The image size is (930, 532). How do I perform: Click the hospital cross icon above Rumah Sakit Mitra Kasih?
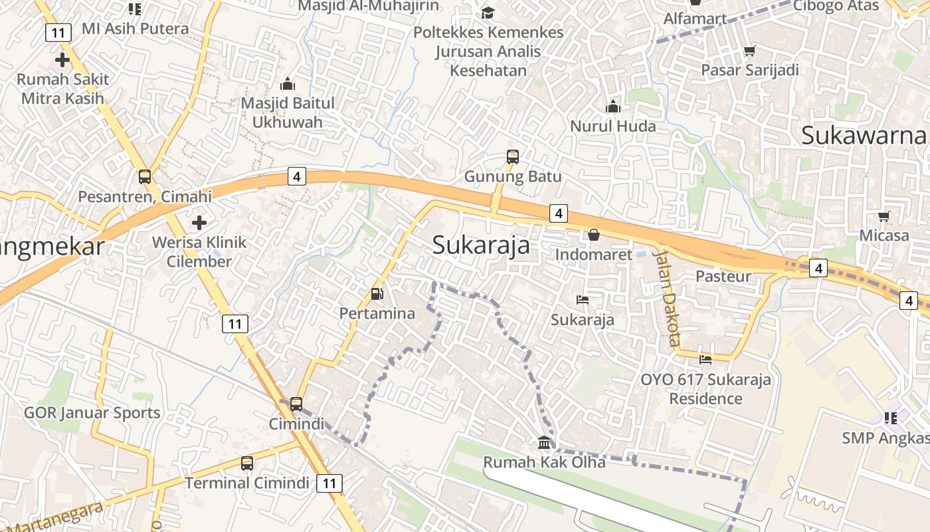tap(62, 60)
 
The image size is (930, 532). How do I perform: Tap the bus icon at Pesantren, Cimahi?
tap(144, 177)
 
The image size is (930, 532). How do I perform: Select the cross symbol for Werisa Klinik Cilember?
tap(199, 222)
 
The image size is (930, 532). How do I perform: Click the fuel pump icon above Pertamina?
tap(377, 293)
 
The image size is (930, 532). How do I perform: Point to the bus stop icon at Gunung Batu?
tap(512, 157)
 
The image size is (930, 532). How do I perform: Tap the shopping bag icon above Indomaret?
tap(593, 235)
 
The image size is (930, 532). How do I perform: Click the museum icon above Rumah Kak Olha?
tap(544, 442)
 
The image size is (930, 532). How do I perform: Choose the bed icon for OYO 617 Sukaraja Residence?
tap(705, 360)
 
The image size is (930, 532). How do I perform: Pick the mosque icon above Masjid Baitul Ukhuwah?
tap(287, 84)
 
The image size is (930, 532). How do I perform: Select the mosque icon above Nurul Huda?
tap(612, 106)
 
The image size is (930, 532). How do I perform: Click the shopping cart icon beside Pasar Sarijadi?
tap(750, 51)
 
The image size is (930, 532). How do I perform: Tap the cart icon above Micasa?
tap(883, 216)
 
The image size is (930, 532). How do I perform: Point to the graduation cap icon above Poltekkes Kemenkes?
tap(488, 13)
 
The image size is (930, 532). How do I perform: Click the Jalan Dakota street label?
tap(667, 298)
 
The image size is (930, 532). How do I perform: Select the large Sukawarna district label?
tap(863, 135)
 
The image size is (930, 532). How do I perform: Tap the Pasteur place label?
tap(723, 276)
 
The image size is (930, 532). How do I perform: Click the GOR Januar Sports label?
tap(92, 412)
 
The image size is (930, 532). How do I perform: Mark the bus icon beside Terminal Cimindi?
tap(246, 464)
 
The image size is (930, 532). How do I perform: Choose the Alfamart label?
tap(695, 19)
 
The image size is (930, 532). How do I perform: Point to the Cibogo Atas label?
tap(836, 6)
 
